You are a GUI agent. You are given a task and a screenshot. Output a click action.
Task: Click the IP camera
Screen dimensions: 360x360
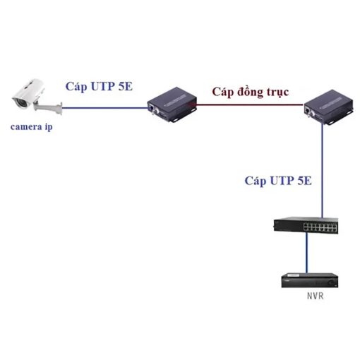[x=30, y=94]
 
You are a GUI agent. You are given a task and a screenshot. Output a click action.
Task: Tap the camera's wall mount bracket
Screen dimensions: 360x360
[x=49, y=108]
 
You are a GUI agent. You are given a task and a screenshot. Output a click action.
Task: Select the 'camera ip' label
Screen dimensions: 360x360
[x=31, y=127]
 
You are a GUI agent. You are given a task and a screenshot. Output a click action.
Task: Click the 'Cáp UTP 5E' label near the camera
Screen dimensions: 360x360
[x=99, y=87]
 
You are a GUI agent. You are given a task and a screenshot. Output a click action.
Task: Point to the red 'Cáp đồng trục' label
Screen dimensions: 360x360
[x=251, y=92]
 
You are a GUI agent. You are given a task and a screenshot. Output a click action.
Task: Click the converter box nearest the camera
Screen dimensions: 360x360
[x=172, y=104]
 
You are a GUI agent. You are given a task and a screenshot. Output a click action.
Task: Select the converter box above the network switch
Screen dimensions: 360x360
[x=328, y=107]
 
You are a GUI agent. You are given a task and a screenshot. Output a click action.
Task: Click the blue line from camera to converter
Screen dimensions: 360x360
[x=105, y=108]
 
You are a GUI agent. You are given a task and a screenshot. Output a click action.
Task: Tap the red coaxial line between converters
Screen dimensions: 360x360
[x=250, y=104]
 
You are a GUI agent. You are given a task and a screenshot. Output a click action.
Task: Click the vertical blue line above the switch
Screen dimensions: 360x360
[x=323, y=171]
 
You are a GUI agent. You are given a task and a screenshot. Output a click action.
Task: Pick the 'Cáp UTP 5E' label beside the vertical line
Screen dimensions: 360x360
[x=278, y=181]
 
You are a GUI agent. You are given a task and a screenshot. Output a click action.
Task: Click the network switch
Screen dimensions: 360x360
[x=306, y=225]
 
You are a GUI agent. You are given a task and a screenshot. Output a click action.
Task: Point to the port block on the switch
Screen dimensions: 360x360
[x=320, y=227]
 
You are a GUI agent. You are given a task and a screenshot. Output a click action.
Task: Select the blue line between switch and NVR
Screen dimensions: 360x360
[x=306, y=253]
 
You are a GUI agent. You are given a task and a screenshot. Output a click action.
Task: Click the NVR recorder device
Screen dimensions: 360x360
[x=310, y=280]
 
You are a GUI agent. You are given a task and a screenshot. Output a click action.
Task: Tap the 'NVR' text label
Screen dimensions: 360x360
[x=316, y=296]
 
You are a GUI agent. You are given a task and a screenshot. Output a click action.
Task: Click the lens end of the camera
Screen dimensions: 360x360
[x=20, y=102]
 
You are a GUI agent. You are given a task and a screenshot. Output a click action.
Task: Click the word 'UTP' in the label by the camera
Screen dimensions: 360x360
[x=103, y=86]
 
